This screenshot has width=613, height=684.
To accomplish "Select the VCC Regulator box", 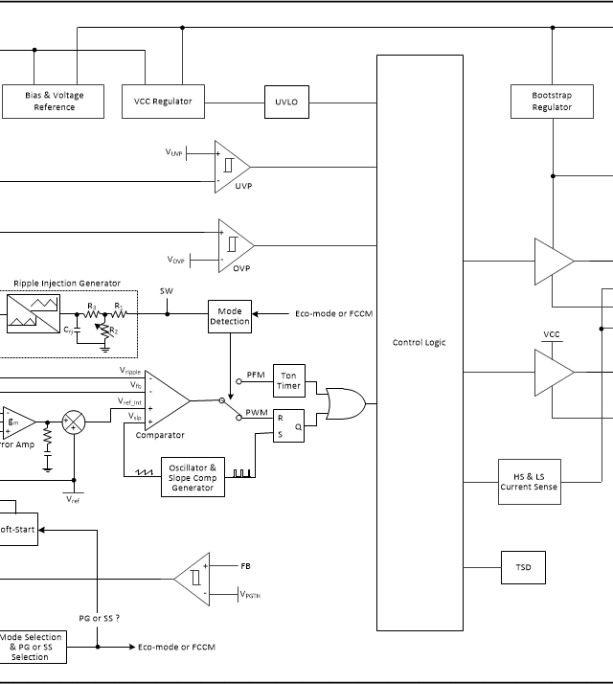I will [x=163, y=101].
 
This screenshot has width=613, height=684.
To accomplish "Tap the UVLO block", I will [x=285, y=101].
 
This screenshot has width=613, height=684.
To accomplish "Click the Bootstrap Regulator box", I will [x=551, y=101].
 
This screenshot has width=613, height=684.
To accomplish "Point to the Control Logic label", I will [x=419, y=342].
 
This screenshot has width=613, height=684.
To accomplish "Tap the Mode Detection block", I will [x=230, y=316].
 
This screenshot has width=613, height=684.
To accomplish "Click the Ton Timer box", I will [x=288, y=380].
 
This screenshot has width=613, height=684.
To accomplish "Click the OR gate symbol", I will [x=343, y=402].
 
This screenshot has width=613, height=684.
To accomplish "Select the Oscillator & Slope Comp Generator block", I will [x=192, y=476].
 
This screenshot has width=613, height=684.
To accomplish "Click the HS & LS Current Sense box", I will [x=529, y=482].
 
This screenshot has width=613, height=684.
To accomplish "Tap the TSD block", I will [x=523, y=567].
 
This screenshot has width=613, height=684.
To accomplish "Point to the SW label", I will [x=167, y=291].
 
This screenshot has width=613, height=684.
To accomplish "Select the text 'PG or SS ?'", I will [x=99, y=618].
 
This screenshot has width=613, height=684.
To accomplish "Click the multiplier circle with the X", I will [x=74, y=422].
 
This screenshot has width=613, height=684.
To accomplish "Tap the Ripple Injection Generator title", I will [x=67, y=283].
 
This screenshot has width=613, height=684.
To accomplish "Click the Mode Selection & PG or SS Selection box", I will [x=30, y=647].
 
